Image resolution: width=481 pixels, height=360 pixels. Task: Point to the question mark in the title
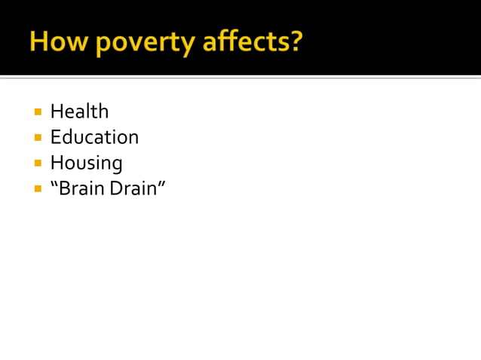coord(295,41)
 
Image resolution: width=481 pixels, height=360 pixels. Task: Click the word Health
coord(79,111)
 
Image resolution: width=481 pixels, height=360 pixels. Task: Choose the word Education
coord(94,137)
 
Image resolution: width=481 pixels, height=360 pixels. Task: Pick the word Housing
coord(86,163)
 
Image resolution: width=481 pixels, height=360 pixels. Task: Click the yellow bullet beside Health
coord(38,112)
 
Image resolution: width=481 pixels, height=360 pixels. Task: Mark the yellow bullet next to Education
coord(38,138)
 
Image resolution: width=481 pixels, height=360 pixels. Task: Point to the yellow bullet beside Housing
coord(38,163)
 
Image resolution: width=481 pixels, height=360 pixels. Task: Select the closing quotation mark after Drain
coord(161,183)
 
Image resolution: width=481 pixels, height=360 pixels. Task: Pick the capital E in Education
coord(55,137)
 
